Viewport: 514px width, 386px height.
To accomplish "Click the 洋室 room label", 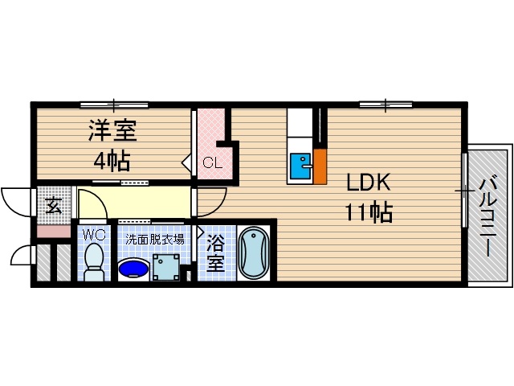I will [112, 131].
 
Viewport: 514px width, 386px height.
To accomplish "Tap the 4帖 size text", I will [112, 161].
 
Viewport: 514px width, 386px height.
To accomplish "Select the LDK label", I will [369, 183].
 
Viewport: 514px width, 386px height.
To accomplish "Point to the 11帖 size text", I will [369, 213].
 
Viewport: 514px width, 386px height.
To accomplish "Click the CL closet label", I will [212, 163].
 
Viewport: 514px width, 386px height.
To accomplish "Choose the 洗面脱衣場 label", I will [154, 239].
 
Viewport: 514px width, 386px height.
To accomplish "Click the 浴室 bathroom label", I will [214, 253].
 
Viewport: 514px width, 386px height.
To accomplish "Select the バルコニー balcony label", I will [487, 215].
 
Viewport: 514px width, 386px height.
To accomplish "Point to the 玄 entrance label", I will [53, 206].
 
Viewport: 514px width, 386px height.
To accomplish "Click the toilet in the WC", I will [94, 262].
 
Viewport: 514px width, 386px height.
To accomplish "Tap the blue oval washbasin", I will [133, 268].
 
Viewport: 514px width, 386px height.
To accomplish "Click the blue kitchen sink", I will [301, 166].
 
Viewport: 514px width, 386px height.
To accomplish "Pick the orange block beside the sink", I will [320, 166].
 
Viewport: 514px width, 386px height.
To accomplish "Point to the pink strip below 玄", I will [54, 232].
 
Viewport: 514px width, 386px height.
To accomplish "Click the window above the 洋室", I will [114, 104].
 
